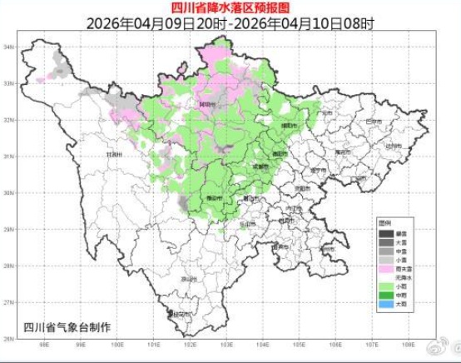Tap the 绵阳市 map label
pos(289,125)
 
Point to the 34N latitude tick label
pos(10,47)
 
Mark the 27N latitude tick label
pos(10,302)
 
